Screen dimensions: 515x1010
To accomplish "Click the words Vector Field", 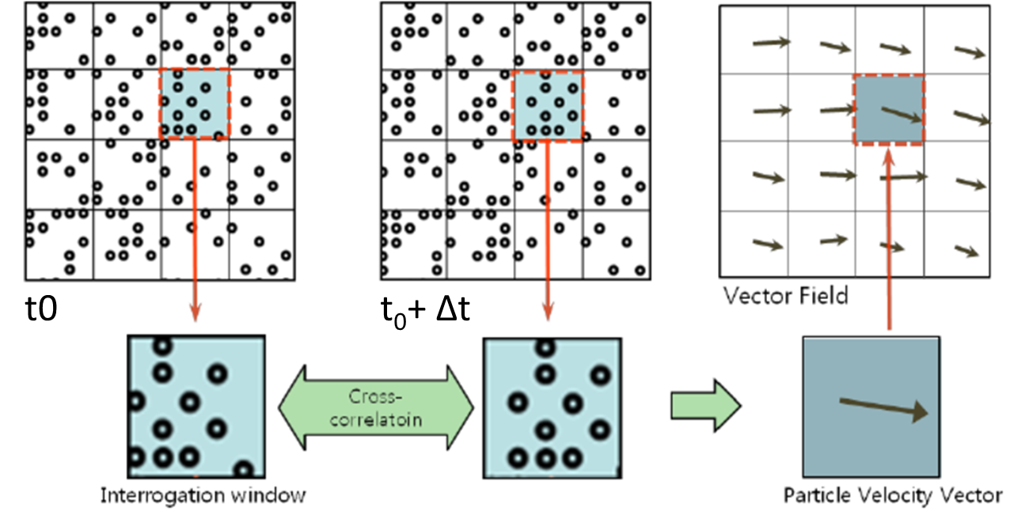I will pyautogui.click(x=785, y=296).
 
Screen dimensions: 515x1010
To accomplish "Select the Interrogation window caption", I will pyautogui.click(x=203, y=496).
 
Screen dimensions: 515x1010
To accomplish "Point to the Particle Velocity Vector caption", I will pyautogui.click(x=892, y=496).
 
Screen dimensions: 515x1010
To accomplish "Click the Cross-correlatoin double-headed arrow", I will pyautogui.click(x=375, y=408).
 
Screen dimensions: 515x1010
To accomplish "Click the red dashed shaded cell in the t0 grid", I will pyautogui.click(x=195, y=104).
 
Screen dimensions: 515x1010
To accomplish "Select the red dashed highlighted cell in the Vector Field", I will pyautogui.click(x=889, y=109).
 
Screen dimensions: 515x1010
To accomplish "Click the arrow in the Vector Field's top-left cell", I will pyautogui.click(x=772, y=43).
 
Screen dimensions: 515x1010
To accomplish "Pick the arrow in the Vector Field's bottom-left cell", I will pyautogui.click(x=766, y=244).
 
